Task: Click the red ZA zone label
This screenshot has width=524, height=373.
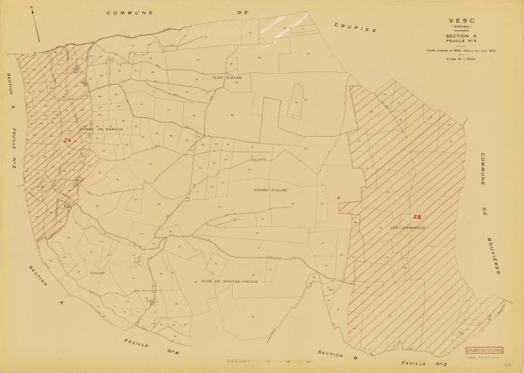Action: (68, 140)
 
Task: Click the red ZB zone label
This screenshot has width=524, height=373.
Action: (417, 217)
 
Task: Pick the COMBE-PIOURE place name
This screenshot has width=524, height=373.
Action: (269, 189)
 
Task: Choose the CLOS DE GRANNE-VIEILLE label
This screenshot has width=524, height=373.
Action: (229, 281)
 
